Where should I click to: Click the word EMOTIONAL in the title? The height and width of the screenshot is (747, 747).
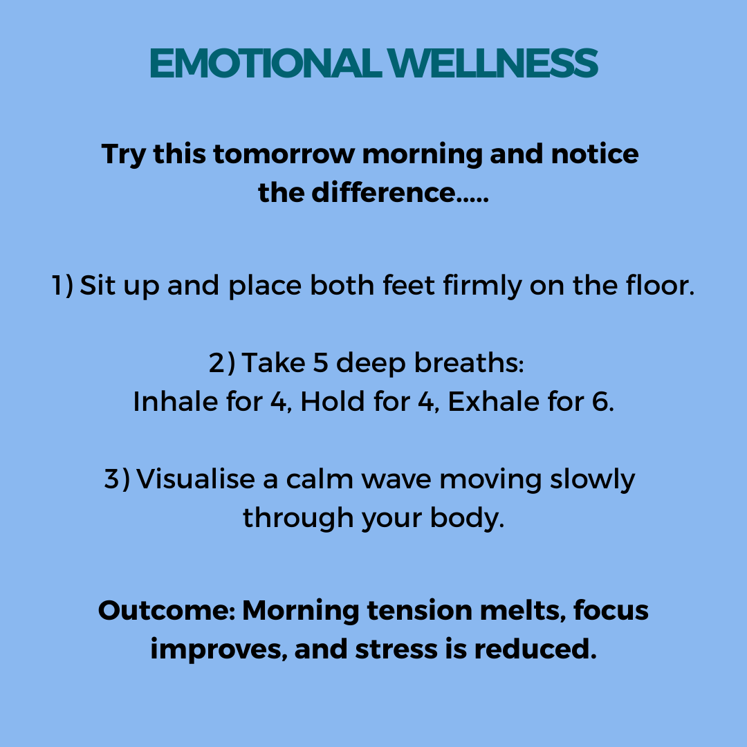point(266,63)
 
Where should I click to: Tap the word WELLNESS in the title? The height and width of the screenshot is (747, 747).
point(492,63)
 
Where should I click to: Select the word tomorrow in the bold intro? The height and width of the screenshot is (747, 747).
point(284,154)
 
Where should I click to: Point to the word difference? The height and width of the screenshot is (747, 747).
point(383,192)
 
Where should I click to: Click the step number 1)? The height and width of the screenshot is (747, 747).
point(62,286)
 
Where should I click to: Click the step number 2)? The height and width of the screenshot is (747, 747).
point(222,362)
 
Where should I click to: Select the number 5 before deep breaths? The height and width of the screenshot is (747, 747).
point(321,362)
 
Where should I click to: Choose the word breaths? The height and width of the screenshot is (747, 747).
point(469,362)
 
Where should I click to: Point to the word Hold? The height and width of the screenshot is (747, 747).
point(333,401)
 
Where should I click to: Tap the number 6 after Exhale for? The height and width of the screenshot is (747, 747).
point(602,401)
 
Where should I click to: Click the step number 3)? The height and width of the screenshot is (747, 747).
point(117,479)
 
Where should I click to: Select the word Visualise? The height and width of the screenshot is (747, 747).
point(196,479)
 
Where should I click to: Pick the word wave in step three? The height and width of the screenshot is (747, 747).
point(396,480)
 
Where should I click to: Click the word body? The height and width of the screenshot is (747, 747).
point(467,518)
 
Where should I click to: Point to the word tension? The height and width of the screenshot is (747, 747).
point(419,610)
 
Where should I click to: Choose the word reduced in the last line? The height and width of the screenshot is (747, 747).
point(535,649)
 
